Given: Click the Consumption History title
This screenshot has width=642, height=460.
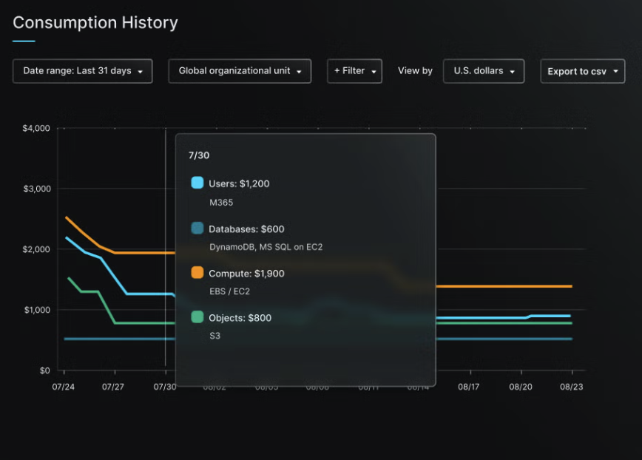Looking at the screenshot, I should (x=95, y=23).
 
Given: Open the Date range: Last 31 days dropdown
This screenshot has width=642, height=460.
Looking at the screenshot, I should (x=83, y=71).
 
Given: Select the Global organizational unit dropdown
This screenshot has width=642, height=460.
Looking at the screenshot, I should (x=240, y=71).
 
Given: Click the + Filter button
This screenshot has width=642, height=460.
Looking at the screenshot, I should (x=354, y=71).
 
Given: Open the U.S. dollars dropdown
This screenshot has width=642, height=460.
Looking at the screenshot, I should (x=484, y=71).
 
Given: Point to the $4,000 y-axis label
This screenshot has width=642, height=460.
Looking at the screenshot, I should (x=36, y=129).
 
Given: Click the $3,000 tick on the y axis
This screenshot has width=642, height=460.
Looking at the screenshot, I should (x=36, y=189).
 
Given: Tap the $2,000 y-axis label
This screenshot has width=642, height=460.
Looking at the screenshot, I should (x=36, y=250).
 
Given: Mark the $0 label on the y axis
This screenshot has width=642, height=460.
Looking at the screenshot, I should (x=44, y=371).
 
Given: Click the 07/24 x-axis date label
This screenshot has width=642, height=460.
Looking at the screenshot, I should (x=64, y=387).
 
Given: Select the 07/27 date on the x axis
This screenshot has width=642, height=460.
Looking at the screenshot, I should (x=112, y=387).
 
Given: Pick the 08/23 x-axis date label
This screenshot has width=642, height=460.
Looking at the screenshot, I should (x=572, y=387).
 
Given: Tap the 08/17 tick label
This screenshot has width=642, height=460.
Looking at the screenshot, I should (x=469, y=387).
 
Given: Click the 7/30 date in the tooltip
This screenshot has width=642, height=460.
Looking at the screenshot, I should (x=200, y=156).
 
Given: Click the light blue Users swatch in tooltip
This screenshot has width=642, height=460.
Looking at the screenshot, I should (x=197, y=183).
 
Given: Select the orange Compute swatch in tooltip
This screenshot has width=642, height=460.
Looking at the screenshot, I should (x=197, y=273).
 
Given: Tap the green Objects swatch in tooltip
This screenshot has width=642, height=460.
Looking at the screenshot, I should (x=197, y=317).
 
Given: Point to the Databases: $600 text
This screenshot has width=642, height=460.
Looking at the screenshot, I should (x=246, y=229).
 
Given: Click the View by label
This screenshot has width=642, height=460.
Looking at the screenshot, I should (x=415, y=71).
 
